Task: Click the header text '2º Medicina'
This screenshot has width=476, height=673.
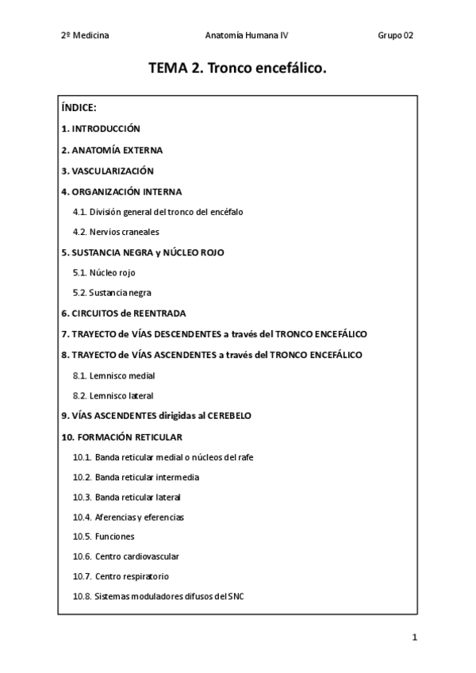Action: [x=85, y=36]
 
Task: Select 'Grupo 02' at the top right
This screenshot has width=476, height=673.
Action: [x=396, y=36]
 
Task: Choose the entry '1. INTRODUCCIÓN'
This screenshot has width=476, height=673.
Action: [x=101, y=129]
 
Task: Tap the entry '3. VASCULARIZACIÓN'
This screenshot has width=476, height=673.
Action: [x=107, y=171]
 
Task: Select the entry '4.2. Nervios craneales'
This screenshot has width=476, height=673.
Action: [x=116, y=232]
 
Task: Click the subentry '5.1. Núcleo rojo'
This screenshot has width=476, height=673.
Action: [x=104, y=272]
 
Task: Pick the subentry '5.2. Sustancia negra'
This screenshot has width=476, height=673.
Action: [x=112, y=293]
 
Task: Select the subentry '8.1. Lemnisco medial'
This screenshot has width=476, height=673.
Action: [x=113, y=375]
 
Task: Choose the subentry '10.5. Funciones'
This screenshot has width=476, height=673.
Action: [x=103, y=536]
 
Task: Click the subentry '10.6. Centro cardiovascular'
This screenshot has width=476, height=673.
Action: [x=125, y=556]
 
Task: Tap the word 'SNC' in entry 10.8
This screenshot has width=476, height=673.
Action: [x=236, y=596]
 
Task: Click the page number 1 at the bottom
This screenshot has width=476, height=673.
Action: [x=414, y=637]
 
